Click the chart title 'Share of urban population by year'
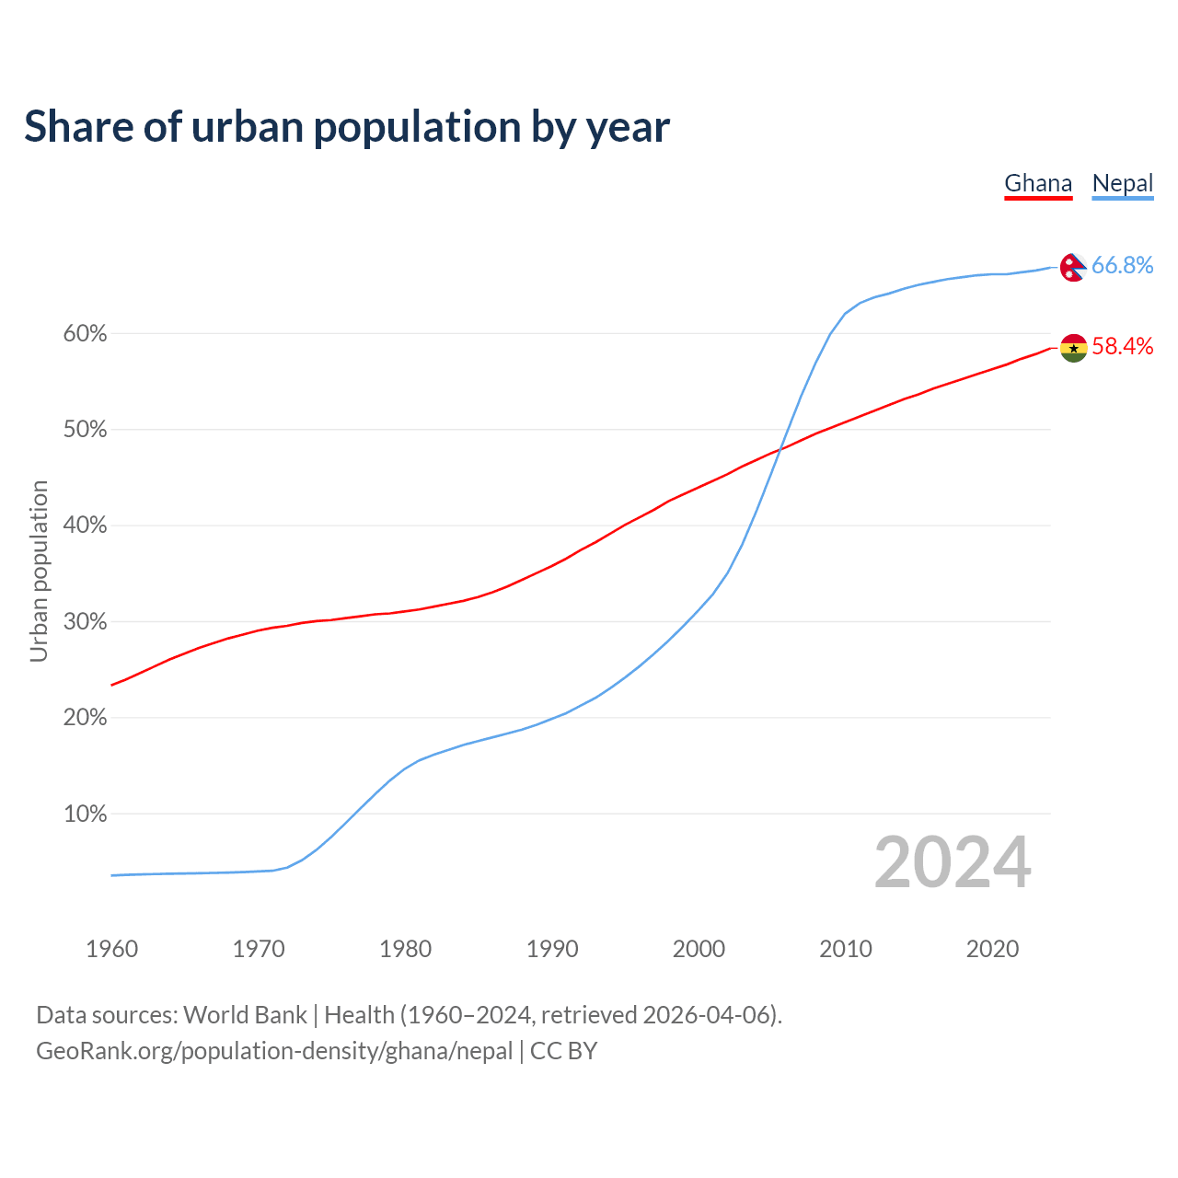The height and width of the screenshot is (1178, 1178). click(347, 127)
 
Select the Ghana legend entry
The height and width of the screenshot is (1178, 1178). click(1038, 183)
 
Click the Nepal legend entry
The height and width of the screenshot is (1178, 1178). click(1123, 183)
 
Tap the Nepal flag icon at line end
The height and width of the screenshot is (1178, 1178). click(1073, 267)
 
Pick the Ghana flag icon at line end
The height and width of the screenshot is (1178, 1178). click(1073, 348)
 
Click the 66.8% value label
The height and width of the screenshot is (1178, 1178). click(1123, 265)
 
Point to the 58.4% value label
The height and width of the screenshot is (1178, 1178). click(1123, 346)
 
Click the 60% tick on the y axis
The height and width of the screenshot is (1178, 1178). click(85, 334)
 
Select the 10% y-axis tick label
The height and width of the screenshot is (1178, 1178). click(85, 814)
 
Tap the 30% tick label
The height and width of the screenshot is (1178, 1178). click(85, 622)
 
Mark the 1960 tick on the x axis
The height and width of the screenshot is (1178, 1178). click(111, 949)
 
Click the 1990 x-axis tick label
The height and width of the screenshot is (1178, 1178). click(552, 949)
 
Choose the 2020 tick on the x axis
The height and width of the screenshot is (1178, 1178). click(992, 949)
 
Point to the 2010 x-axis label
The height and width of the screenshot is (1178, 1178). click(846, 949)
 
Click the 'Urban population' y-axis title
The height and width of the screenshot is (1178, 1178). click(39, 571)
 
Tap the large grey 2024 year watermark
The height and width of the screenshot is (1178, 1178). click(953, 862)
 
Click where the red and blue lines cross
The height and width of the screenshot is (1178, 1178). click(780, 448)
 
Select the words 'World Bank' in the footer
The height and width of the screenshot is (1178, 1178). click(245, 1015)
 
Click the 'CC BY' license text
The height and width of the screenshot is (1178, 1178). click(563, 1051)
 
